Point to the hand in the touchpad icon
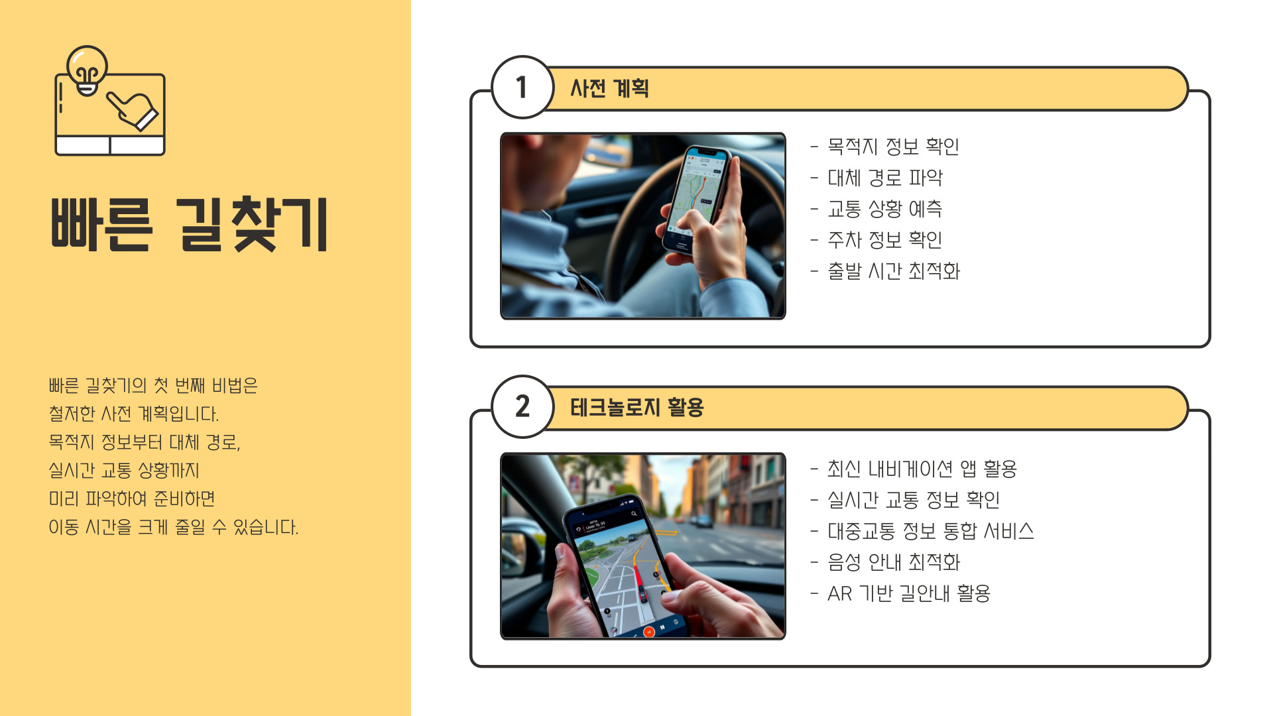133,109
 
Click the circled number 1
522,87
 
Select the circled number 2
522,406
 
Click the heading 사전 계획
609,88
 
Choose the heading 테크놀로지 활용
636,407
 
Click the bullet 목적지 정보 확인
893,147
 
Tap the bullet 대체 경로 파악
885,178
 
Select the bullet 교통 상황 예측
885,209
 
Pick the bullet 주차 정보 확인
885,240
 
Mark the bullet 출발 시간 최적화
894,271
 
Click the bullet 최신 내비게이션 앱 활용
922,469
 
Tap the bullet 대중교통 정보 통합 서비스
931,531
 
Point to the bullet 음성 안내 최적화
894,562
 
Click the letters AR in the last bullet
839,593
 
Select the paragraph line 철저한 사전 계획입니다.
133,414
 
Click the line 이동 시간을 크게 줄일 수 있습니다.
173,527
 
